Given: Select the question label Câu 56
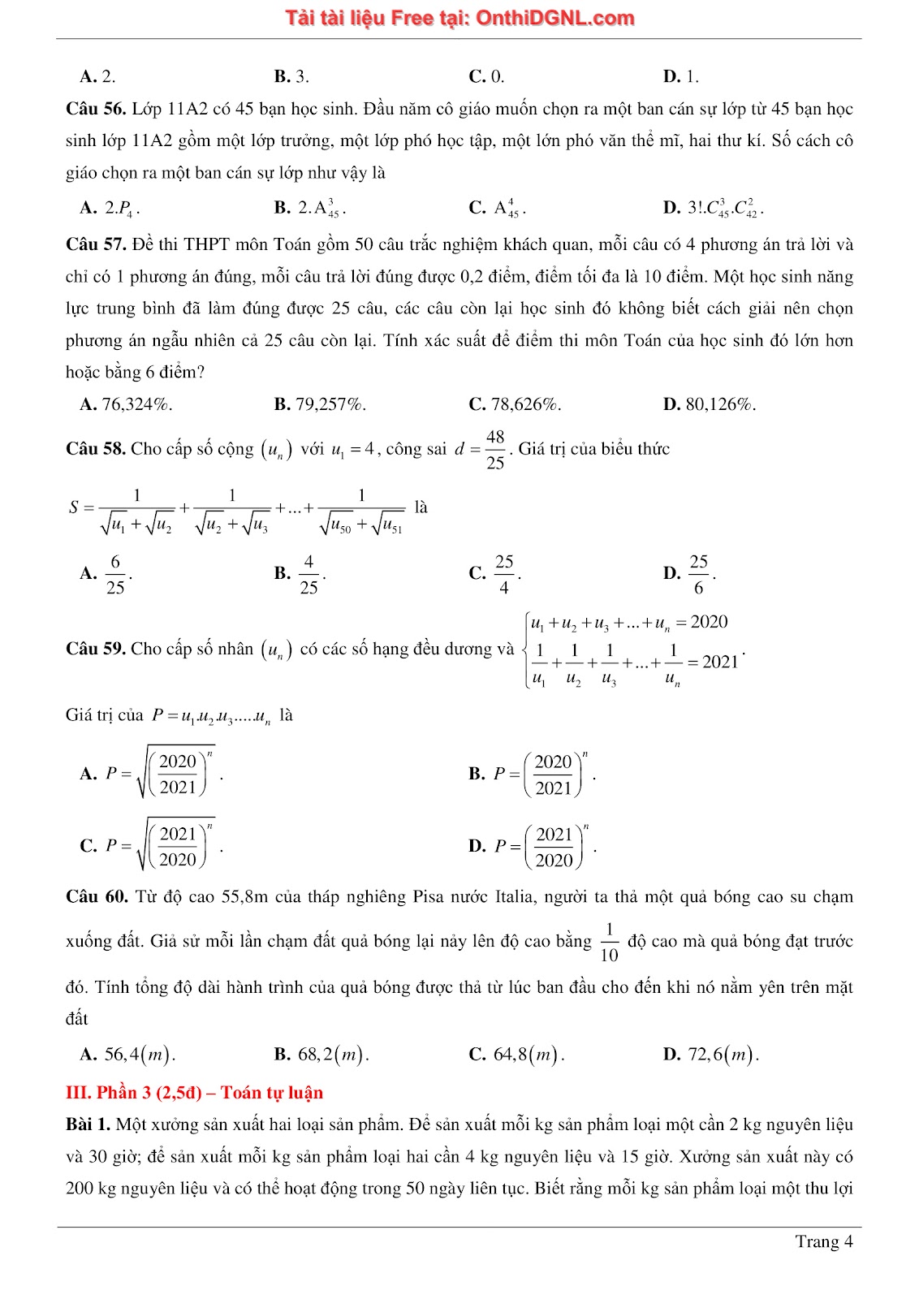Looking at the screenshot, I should pos(96,109).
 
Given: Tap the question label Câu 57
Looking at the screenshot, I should pos(96,244).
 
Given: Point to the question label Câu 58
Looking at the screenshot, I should pos(96,449).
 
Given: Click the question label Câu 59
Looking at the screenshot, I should pos(96,649).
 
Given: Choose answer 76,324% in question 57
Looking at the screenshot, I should pos(136,404).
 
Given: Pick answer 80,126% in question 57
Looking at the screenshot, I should pos(720,404).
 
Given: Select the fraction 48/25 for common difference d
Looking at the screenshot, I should pos(495,449).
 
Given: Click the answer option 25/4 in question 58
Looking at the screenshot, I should pos(504,574).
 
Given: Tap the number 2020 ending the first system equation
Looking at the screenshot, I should pos(709,622).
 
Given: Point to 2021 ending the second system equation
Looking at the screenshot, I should pos(720,662).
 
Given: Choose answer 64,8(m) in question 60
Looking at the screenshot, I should pos(528,1055).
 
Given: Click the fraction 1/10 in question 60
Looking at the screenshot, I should pos(609,942).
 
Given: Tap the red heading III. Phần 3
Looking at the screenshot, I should pos(194,1093).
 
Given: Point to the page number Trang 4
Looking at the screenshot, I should pos(823,1241).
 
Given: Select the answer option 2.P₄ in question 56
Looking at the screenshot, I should pos(121,208).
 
